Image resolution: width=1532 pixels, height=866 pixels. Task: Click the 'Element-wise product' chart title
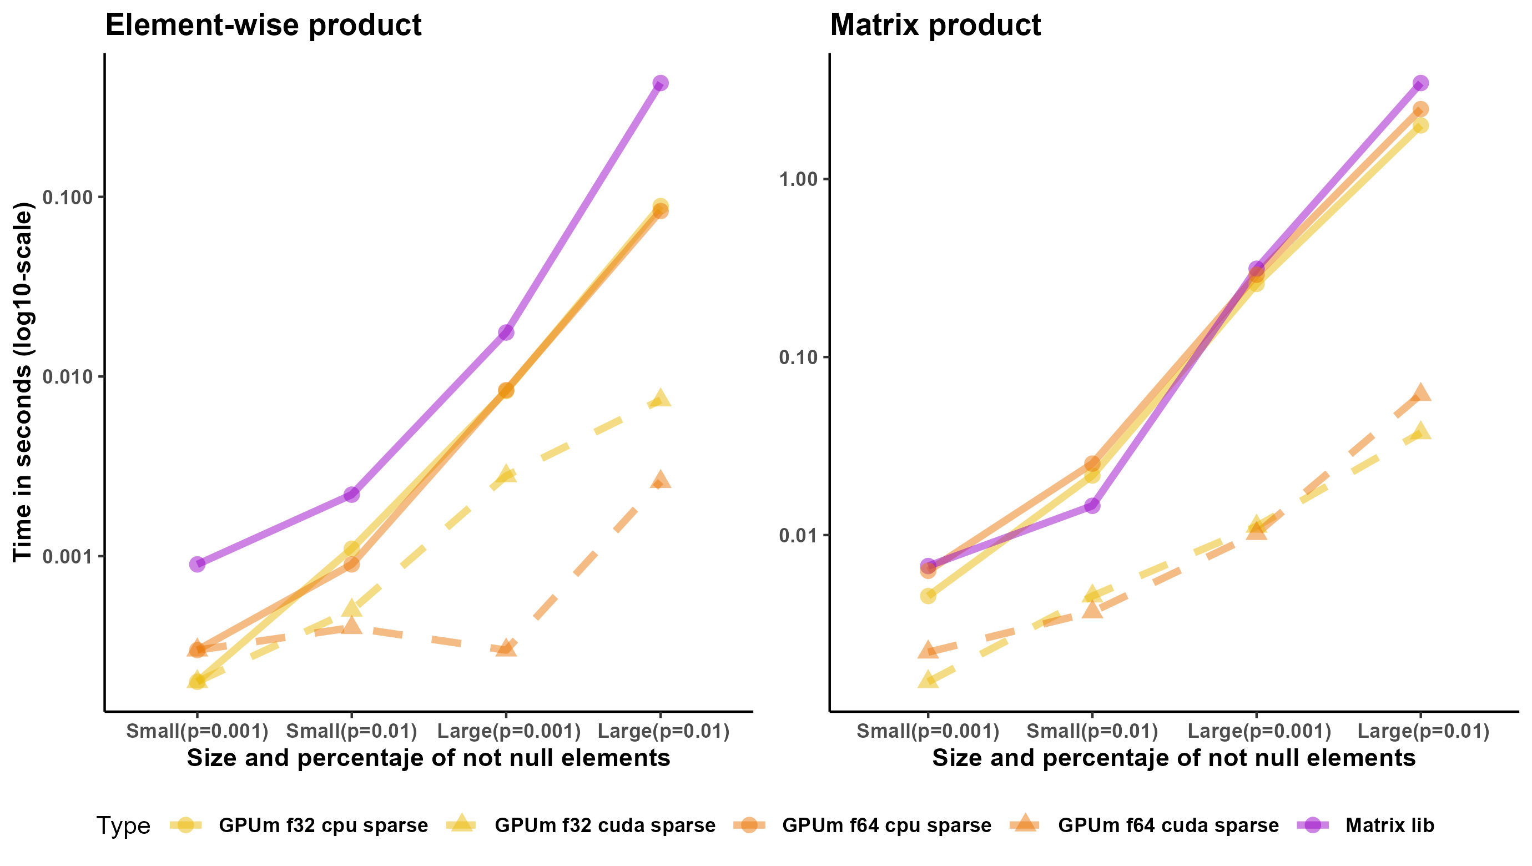tap(263, 25)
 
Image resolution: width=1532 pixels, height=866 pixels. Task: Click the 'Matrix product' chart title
tap(935, 25)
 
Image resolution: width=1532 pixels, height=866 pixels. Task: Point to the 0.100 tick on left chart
tap(67, 197)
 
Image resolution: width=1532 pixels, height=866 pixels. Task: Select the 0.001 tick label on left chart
tap(67, 557)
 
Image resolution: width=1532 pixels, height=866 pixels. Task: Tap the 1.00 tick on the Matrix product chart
tap(799, 179)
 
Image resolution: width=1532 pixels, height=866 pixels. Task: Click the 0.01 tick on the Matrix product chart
tap(799, 535)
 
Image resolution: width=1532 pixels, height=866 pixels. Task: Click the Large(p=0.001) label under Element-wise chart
tap(508, 731)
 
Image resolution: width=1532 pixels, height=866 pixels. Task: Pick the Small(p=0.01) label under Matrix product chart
tap(1092, 731)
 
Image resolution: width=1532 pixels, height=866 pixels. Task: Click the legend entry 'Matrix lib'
tap(1389, 825)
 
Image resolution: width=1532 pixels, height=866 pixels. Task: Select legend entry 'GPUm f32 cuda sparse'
tap(604, 825)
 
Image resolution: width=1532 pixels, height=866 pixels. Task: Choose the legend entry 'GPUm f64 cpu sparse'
tap(886, 825)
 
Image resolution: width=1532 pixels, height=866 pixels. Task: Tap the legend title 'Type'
tap(123, 825)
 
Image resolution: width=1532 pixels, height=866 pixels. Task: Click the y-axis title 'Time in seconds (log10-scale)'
tap(23, 382)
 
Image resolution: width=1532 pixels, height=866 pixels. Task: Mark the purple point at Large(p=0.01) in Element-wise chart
tap(660, 83)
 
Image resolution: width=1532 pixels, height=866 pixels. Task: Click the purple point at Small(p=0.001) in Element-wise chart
tap(198, 564)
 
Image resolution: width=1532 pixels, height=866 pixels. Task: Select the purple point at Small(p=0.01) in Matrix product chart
tap(1092, 506)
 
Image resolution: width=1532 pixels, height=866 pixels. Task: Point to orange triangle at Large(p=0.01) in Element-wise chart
tap(660, 480)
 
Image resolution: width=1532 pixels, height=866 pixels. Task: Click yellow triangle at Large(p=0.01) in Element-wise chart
tap(660, 398)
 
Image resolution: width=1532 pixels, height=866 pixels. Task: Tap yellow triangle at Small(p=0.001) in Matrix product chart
tap(928, 678)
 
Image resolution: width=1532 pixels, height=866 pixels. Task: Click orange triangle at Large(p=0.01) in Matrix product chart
tap(1420, 392)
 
